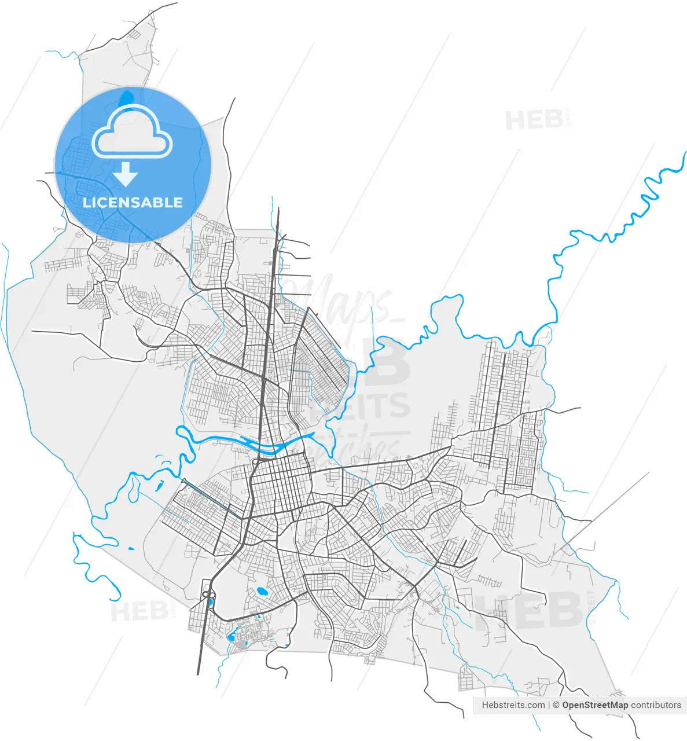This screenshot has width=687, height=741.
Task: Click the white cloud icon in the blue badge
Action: pos(132,134)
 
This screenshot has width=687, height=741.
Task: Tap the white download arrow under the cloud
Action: pos(126,174)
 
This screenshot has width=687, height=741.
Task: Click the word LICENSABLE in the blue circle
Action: pos(133,203)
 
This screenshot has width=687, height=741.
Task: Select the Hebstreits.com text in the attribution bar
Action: pos(513,705)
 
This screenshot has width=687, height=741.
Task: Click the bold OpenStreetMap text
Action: pos(595,705)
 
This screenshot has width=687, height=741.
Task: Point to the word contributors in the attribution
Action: pos(656,705)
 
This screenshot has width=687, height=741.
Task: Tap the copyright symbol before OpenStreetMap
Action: pos(556,705)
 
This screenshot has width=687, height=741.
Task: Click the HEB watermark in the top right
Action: pos(534,120)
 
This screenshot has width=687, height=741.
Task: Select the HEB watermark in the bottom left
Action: pos(139,611)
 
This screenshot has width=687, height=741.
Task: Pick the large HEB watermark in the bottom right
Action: pos(530,611)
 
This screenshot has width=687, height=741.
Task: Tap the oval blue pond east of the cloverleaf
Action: pos(262,592)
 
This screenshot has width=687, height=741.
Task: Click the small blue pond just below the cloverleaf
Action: pos(210,604)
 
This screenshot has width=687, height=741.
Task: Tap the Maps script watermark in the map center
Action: pos(341,298)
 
